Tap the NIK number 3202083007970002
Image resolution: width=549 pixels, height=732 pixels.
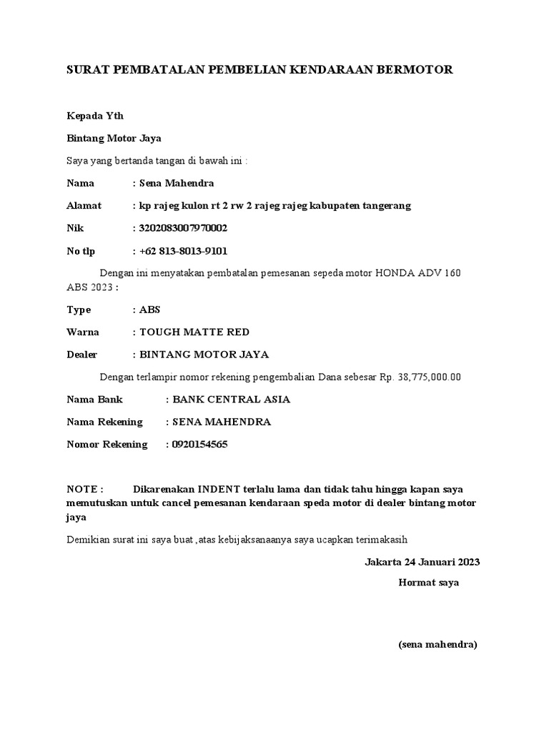(x=184, y=228)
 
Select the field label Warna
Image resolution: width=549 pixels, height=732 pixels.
(x=83, y=332)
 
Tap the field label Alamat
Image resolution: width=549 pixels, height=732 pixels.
(x=84, y=205)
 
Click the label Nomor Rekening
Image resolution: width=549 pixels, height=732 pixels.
(x=107, y=444)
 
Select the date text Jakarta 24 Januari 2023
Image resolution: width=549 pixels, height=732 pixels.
(x=422, y=561)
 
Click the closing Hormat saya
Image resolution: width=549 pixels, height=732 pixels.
(x=428, y=583)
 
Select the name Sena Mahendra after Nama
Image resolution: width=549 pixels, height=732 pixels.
(x=177, y=183)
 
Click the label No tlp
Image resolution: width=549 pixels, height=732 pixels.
(x=81, y=251)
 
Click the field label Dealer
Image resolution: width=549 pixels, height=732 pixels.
(x=82, y=354)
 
